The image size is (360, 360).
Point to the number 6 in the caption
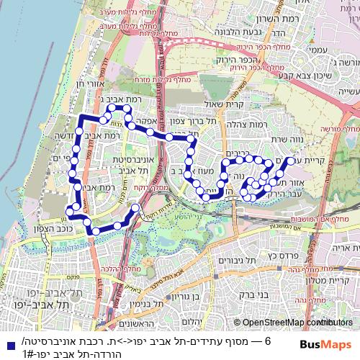tap(267, 341)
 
